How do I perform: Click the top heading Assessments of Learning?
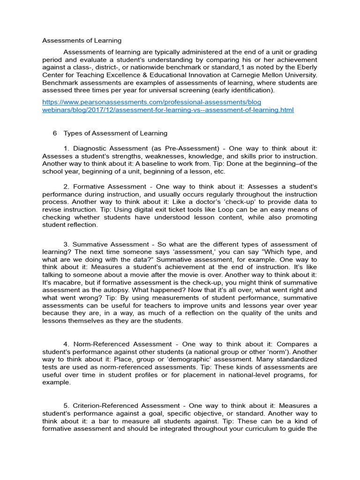click(x=82, y=41)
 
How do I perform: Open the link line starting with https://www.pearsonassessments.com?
click(x=151, y=102)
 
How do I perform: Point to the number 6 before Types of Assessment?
click(x=55, y=134)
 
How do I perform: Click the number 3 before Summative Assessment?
click(x=66, y=244)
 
